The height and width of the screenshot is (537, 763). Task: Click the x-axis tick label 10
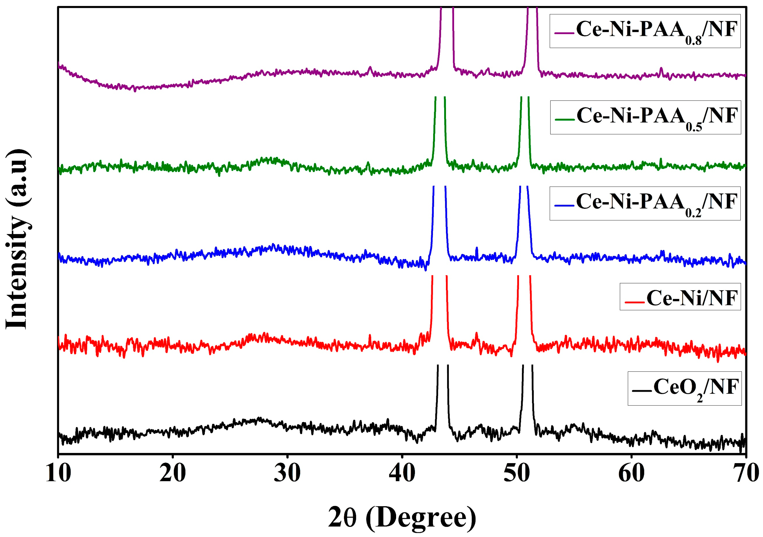pos(58,474)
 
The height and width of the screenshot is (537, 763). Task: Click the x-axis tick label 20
pos(172,474)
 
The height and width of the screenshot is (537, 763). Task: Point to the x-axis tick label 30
pos(287,474)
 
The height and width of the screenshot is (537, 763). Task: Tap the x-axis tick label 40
pos(402,474)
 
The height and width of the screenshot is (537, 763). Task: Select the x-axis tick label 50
pos(516,474)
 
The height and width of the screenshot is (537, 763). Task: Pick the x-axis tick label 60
pos(631,474)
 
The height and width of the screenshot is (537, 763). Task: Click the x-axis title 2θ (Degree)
pos(402,517)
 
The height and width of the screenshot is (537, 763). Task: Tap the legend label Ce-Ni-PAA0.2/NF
pos(657,203)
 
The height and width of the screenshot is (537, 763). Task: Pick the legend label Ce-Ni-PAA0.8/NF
pos(657,31)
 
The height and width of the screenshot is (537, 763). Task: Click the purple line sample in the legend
pos(564,33)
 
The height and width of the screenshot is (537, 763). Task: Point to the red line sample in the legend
pos(635,302)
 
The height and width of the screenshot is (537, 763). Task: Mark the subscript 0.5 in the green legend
pos(694,127)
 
